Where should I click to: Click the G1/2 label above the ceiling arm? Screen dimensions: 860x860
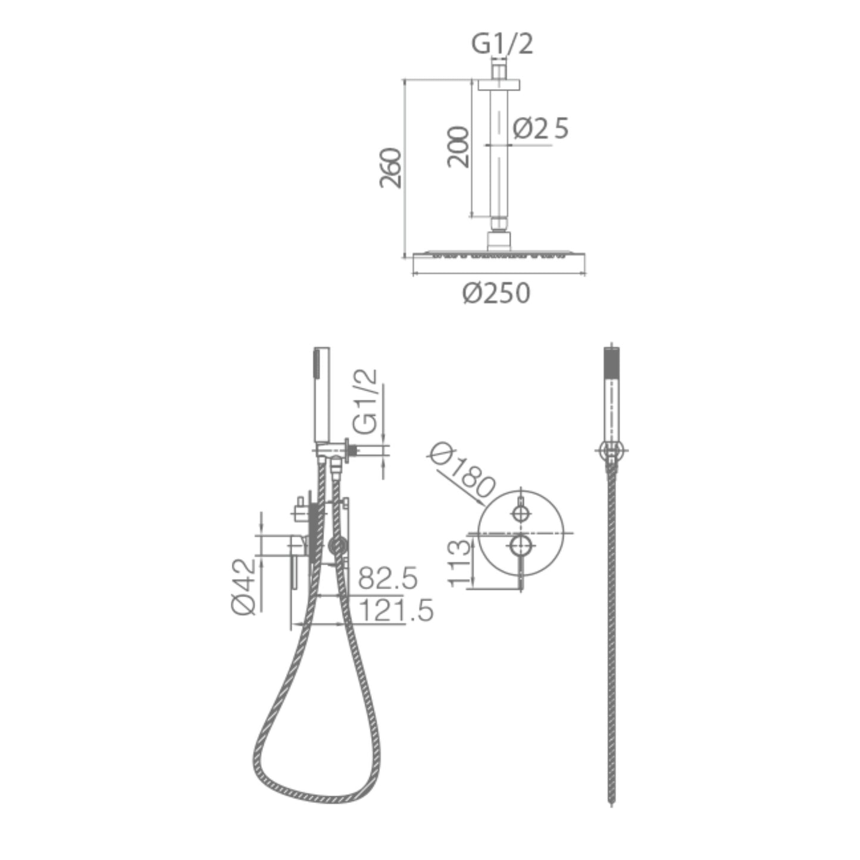pyautogui.click(x=502, y=44)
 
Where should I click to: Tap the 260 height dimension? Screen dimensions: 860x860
pyautogui.click(x=391, y=168)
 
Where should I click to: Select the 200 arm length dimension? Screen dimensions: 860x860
pyautogui.click(x=458, y=147)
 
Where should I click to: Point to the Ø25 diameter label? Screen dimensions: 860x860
pyautogui.click(x=540, y=129)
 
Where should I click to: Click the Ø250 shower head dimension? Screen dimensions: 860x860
pyautogui.click(x=496, y=293)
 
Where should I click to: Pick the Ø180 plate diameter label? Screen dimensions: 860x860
pyautogui.click(x=462, y=470)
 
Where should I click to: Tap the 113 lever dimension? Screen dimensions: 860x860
pyautogui.click(x=459, y=563)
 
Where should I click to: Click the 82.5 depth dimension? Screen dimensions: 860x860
pyautogui.click(x=388, y=578)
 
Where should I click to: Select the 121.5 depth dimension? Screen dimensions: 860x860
pyautogui.click(x=396, y=610)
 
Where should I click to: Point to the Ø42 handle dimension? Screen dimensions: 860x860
pyautogui.click(x=244, y=586)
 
